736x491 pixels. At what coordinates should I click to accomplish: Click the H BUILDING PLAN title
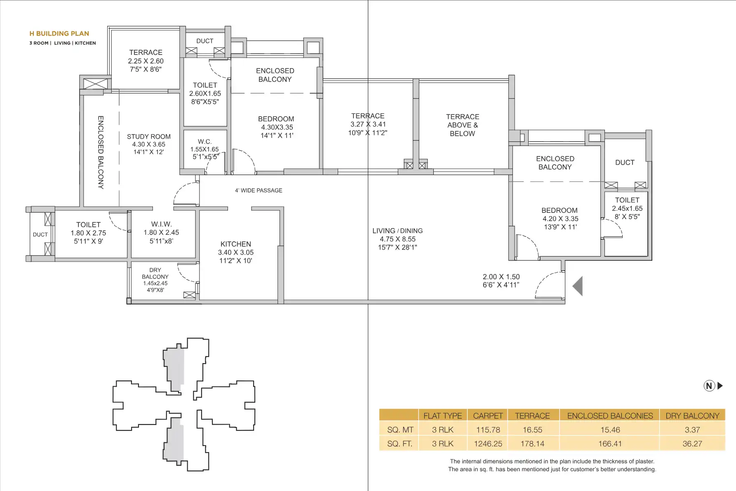[x=59, y=33]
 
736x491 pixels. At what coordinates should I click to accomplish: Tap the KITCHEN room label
[x=236, y=244]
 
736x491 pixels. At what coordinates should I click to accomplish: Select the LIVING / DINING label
[x=397, y=231]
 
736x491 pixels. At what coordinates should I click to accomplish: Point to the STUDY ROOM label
[x=149, y=137]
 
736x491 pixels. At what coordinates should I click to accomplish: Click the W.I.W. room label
[x=161, y=224]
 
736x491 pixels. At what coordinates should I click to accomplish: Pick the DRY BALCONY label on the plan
[x=155, y=273]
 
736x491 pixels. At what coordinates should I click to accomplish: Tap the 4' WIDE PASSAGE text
[x=259, y=190]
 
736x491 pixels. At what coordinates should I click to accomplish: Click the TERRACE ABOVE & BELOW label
[x=463, y=125]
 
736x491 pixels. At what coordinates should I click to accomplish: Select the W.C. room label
[x=205, y=142]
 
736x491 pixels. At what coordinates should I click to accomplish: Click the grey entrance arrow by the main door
[x=578, y=286]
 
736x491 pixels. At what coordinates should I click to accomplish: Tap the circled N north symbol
[x=709, y=386]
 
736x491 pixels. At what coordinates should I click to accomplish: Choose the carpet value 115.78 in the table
[x=488, y=430]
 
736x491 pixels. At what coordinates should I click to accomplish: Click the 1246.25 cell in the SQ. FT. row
[x=488, y=444]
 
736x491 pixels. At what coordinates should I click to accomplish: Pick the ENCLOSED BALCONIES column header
[x=610, y=415]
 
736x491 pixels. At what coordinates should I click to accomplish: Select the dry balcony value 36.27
[x=692, y=444]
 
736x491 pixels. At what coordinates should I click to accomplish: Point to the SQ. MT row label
[x=400, y=430]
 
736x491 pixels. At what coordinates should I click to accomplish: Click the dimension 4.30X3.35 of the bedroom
[x=277, y=127]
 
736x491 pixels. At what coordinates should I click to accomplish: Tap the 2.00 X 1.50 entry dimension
[x=501, y=277]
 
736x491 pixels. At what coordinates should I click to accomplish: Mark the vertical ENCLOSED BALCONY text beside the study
[x=101, y=152]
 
